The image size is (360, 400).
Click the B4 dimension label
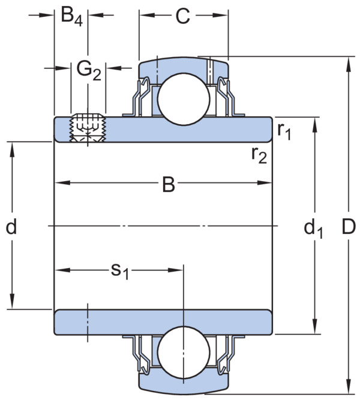coord(72,17)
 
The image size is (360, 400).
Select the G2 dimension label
coord(89,71)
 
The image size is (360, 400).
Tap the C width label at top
coord(183,16)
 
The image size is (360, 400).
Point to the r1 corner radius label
coord(284,131)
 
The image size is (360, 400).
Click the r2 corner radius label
coord(259,155)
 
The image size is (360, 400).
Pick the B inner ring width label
coord(169,184)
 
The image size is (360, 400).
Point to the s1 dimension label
coord(120,271)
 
